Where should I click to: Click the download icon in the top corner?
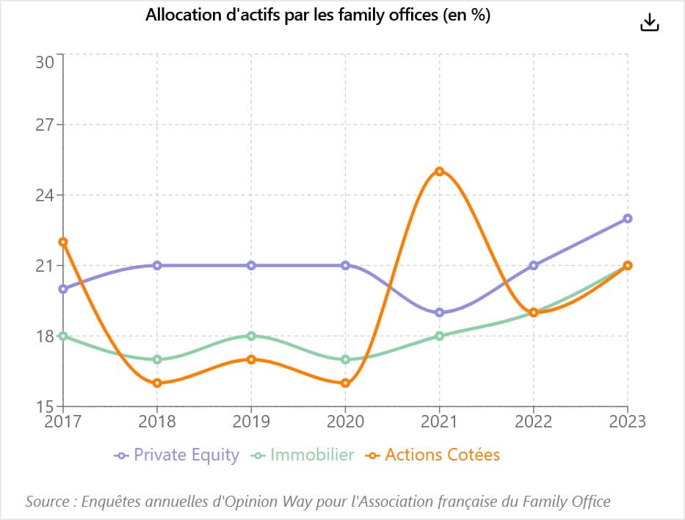(x=650, y=22)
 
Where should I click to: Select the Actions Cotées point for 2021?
(x=440, y=171)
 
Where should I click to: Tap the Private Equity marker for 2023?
(x=627, y=218)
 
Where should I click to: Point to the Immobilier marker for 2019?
(x=251, y=336)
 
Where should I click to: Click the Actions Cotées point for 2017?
(x=63, y=242)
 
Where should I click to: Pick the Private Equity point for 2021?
(x=440, y=312)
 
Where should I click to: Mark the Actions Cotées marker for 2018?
(x=157, y=383)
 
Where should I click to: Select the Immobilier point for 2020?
(x=346, y=360)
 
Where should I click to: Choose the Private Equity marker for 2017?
(x=63, y=289)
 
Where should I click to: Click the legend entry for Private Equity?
(x=176, y=455)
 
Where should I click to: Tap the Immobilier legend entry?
(x=302, y=455)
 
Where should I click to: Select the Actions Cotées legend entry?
(x=432, y=455)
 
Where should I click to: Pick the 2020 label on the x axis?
(x=345, y=422)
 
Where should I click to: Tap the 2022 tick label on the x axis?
(x=533, y=422)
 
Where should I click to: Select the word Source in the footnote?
(x=47, y=502)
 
